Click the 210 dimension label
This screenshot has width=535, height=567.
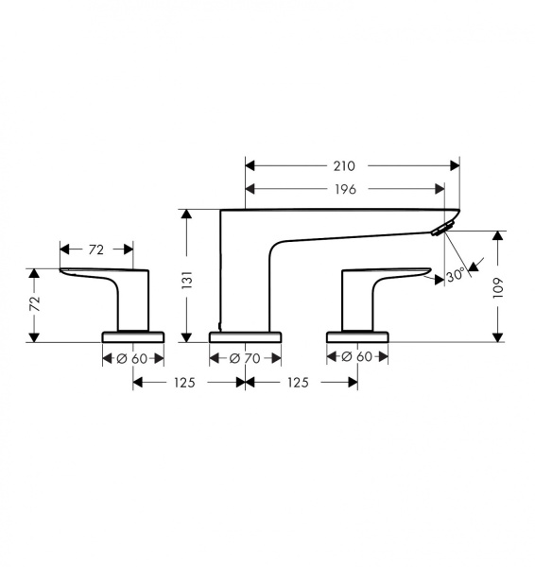(x=344, y=166)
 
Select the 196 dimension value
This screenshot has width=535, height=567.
(x=345, y=189)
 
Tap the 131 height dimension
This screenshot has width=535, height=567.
(x=187, y=280)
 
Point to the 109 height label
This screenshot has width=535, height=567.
(x=498, y=288)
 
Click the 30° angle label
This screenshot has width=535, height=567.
(x=455, y=276)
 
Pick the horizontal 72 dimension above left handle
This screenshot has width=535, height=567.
(x=95, y=249)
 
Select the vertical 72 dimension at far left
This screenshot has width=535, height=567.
(x=35, y=304)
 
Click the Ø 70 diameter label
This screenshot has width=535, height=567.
(x=245, y=358)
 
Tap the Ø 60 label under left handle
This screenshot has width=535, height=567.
(x=132, y=359)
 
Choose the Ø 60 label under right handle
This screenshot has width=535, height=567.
(x=356, y=357)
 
